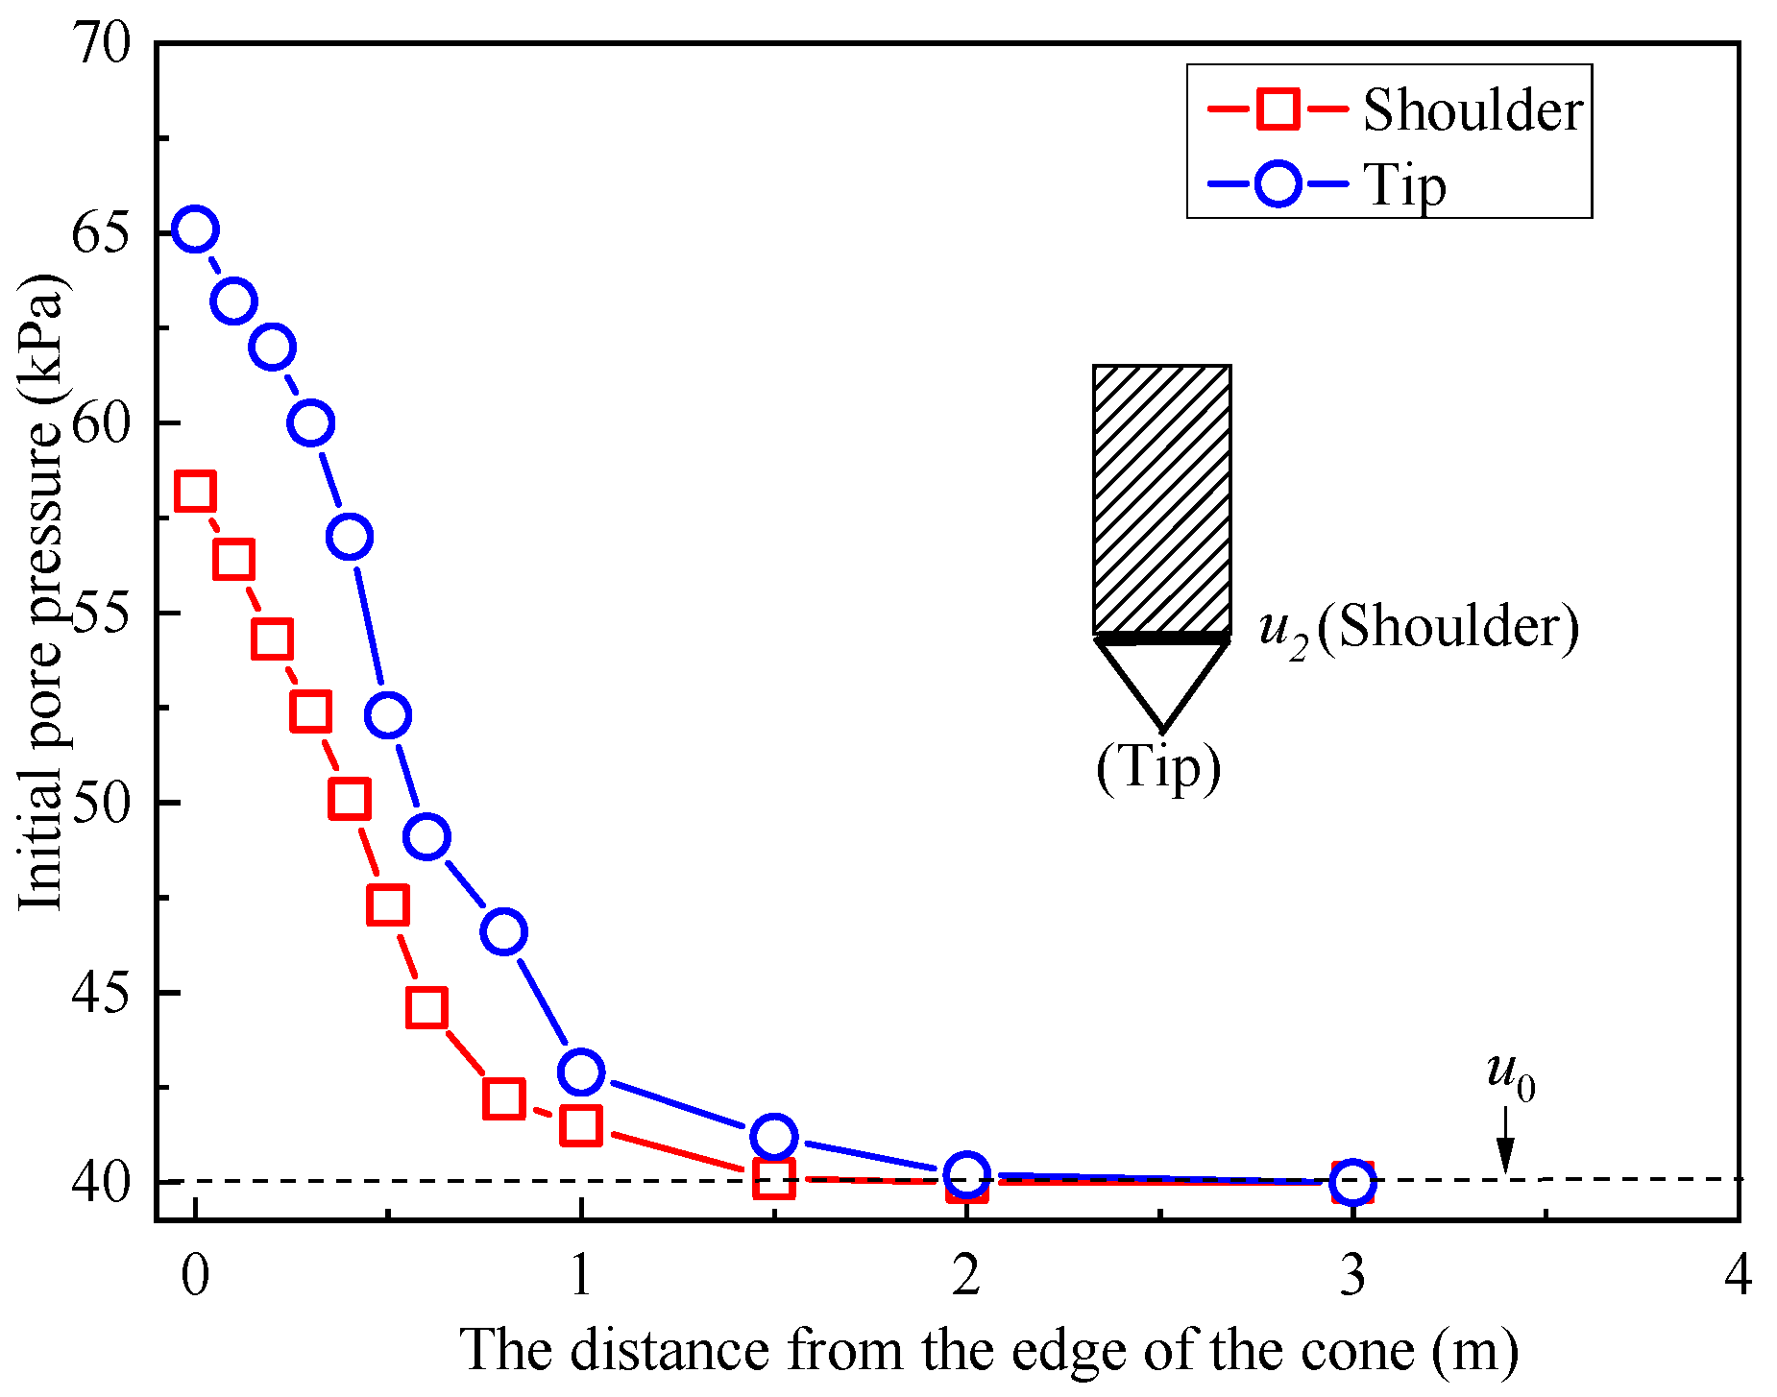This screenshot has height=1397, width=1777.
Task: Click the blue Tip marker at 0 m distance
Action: pyautogui.click(x=195, y=229)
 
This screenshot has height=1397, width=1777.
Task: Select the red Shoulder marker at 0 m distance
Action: pyautogui.click(x=195, y=492)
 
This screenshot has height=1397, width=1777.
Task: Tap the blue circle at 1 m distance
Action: pyautogui.click(x=581, y=1072)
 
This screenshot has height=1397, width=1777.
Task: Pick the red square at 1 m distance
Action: pyautogui.click(x=581, y=1125)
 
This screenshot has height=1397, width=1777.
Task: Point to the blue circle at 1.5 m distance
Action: pyautogui.click(x=774, y=1137)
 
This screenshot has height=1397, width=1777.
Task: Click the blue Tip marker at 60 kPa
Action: pyautogui.click(x=310, y=422)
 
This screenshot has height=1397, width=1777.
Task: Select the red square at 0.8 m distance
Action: pyautogui.click(x=504, y=1098)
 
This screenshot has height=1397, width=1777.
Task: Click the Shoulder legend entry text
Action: pyautogui.click(x=1472, y=110)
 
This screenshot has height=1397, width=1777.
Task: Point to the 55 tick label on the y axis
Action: pyautogui.click(x=100, y=613)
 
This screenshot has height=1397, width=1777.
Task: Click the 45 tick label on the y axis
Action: pyautogui.click(x=100, y=993)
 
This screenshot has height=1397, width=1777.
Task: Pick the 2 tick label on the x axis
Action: pyautogui.click(x=966, y=1277)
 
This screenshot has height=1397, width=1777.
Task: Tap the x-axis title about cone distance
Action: pyautogui.click(x=989, y=1350)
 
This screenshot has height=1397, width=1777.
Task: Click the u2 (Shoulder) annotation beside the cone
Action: pyautogui.click(x=1419, y=629)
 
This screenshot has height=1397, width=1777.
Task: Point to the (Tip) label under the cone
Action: pyautogui.click(x=1158, y=768)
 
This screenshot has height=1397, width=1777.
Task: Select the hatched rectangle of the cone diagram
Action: pyautogui.click(x=1161, y=498)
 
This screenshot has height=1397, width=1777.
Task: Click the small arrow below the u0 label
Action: pyautogui.click(x=1505, y=1143)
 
